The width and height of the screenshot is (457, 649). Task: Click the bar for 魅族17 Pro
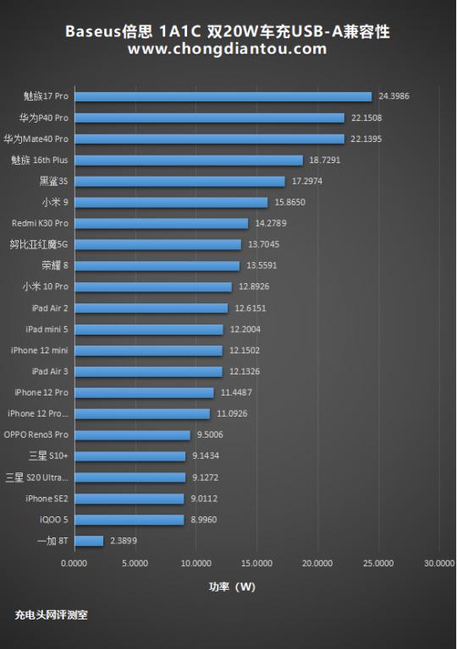[223, 96]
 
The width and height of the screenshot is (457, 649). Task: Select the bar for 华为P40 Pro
[209, 117]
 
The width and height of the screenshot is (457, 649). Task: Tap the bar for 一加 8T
[89, 541]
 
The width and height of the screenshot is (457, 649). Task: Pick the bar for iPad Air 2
[151, 308]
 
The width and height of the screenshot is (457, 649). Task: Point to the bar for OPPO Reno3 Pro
[132, 435]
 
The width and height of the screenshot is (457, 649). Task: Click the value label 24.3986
[394, 96]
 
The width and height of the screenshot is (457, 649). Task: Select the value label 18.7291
[325, 160]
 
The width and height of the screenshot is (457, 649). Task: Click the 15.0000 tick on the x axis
[256, 562]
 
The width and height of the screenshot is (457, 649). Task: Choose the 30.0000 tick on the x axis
[439, 562]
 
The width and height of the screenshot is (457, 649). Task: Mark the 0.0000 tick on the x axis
[74, 562]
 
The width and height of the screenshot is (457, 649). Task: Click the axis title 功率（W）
[232, 586]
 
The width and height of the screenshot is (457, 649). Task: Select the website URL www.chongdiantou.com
[227, 49]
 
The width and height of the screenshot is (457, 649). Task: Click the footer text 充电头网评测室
[51, 615]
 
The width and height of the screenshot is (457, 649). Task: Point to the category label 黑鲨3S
[54, 181]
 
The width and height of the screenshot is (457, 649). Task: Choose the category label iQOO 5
[54, 520]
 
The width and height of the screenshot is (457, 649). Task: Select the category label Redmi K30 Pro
[40, 223]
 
